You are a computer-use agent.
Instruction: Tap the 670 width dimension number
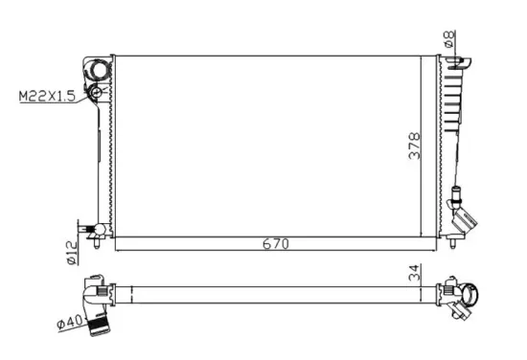[x=276, y=243]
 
